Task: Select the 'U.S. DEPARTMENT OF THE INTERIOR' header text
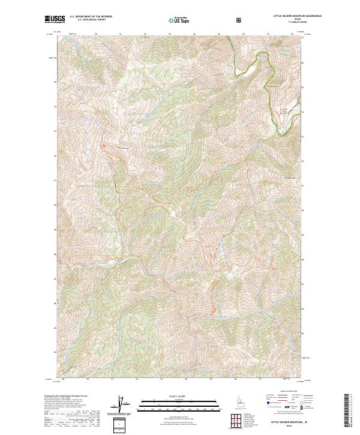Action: point(91,17)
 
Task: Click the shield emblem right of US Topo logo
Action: point(240,20)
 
